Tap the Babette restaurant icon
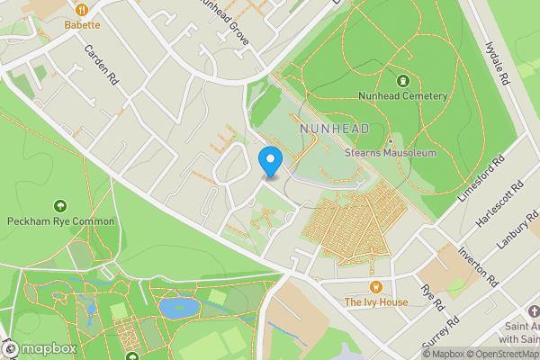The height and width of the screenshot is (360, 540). tap(83, 9)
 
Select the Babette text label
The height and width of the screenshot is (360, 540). tap(83, 26)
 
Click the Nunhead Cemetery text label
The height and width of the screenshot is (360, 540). tap(401, 96)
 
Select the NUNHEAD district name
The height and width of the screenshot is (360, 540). tap(336, 130)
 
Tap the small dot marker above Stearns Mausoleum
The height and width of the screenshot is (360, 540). tap(391, 140)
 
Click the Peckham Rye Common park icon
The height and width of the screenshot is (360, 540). tap(60, 206)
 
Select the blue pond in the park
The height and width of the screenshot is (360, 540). tap(179, 307)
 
